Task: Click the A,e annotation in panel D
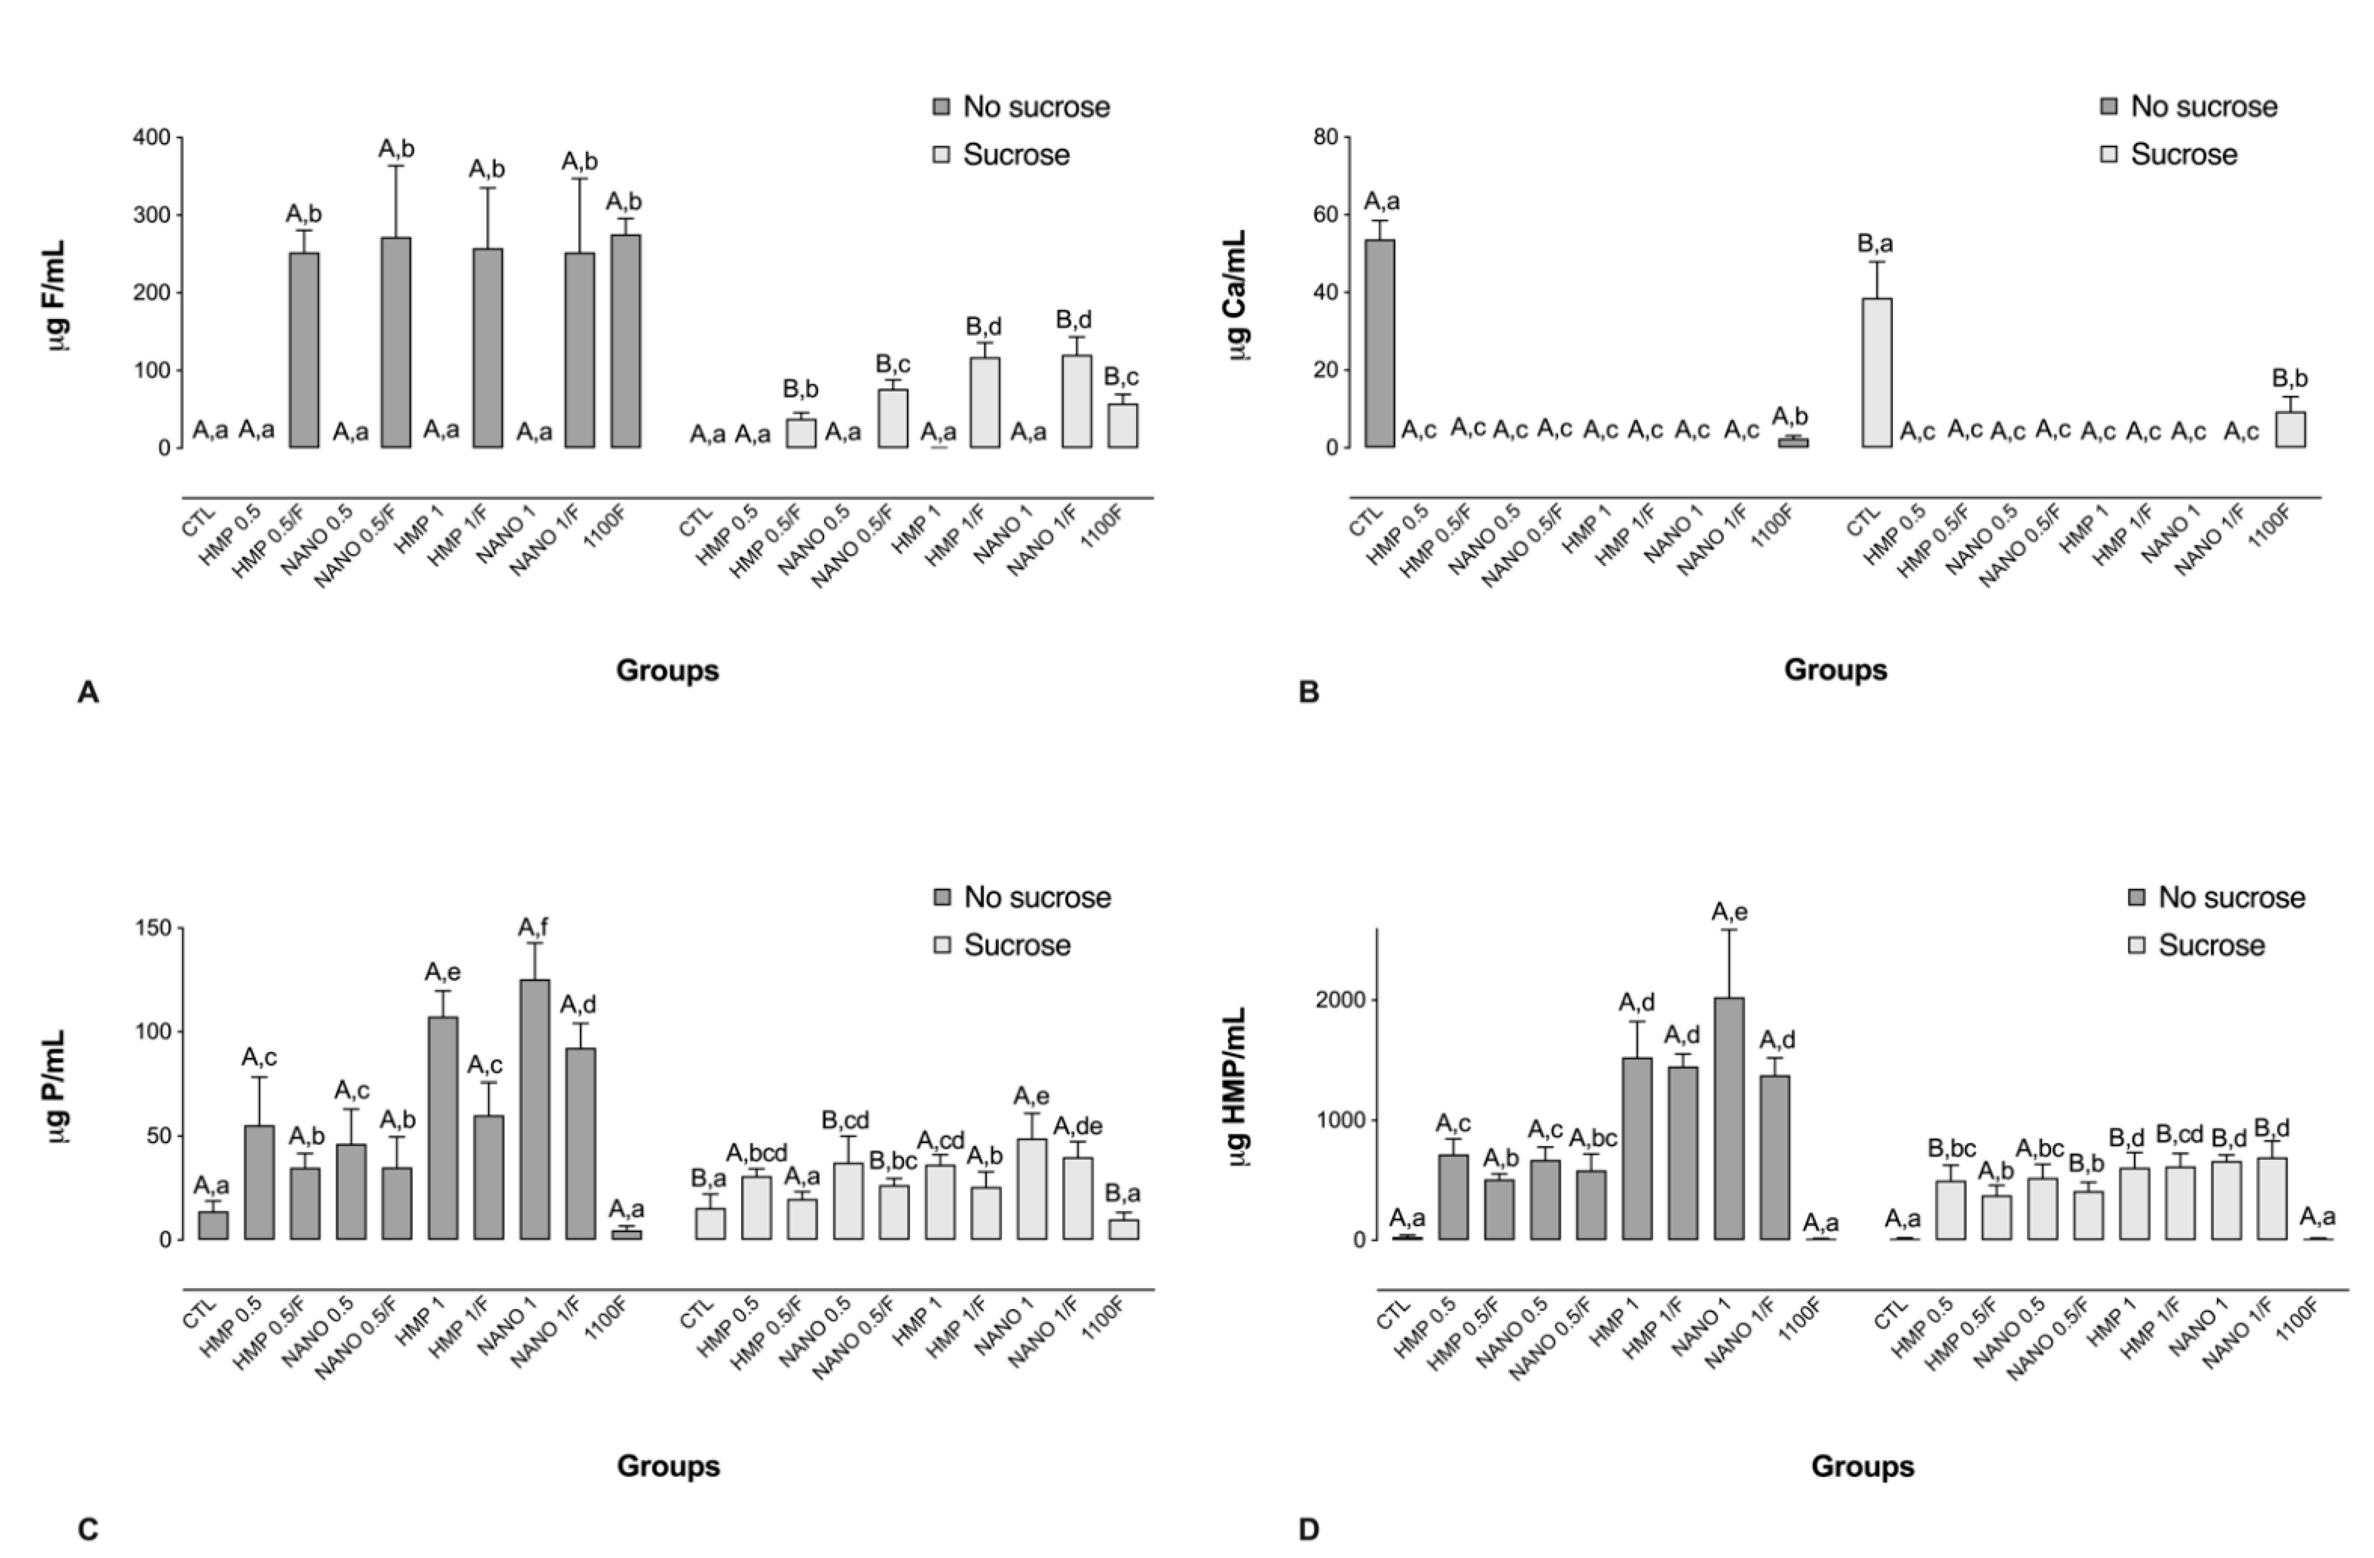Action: [1730, 911]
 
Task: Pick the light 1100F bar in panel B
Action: [2290, 430]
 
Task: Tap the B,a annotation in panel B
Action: [1875, 243]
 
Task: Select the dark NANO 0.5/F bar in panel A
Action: [396, 342]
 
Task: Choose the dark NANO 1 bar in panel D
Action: [1730, 1118]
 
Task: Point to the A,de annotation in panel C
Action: [1077, 1126]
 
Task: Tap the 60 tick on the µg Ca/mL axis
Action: [1326, 215]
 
